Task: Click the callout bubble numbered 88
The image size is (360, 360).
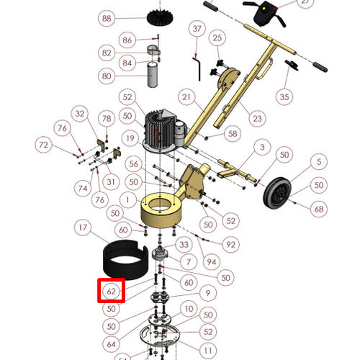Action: (x=107, y=18)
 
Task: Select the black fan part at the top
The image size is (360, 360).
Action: (x=161, y=17)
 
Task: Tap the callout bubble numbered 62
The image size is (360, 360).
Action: (x=111, y=291)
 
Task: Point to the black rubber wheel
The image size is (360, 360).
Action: (x=277, y=193)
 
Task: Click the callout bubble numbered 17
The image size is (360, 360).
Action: (x=83, y=228)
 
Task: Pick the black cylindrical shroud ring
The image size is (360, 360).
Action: (x=125, y=260)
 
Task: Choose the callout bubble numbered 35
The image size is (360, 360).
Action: (x=284, y=97)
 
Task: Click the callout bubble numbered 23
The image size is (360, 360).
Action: (x=257, y=118)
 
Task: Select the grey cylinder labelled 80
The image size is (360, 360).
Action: (x=152, y=75)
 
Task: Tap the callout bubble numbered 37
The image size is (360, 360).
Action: (x=197, y=29)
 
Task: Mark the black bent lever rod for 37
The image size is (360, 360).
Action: (x=197, y=68)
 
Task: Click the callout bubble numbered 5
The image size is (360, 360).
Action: (x=319, y=161)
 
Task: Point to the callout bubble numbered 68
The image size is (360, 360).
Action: (x=319, y=209)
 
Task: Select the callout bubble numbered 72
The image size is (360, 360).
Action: (x=43, y=145)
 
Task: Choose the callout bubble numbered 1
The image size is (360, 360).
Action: (x=127, y=199)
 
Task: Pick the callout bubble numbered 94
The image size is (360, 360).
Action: (x=212, y=262)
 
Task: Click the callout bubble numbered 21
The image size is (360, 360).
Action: (x=186, y=97)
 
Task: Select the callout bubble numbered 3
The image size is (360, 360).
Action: (x=262, y=147)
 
